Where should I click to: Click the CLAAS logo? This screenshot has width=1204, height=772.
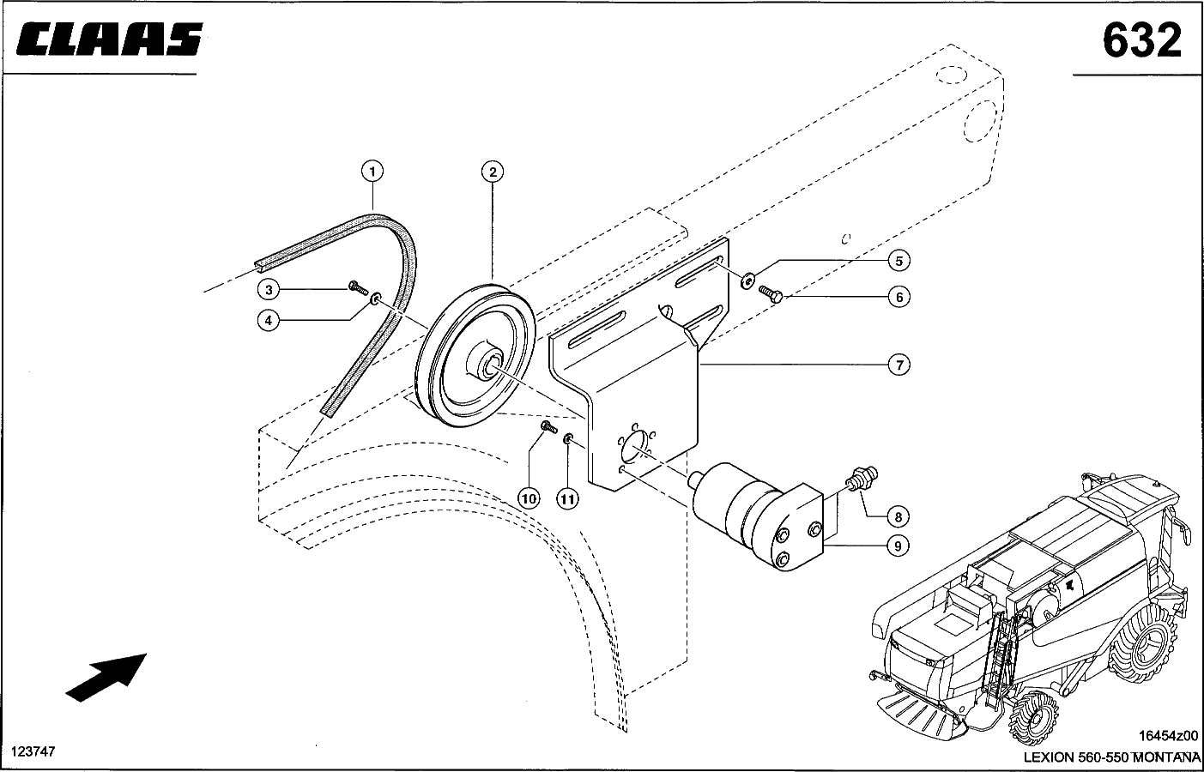pyautogui.click(x=110, y=39)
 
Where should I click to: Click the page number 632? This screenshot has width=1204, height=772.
pyautogui.click(x=1142, y=41)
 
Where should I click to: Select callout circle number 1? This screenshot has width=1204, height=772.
pyautogui.click(x=372, y=172)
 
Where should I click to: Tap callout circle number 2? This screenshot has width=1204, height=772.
pyautogui.click(x=493, y=172)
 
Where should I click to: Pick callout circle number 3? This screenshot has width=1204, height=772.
pyautogui.click(x=269, y=290)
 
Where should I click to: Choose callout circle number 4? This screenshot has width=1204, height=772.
pyautogui.click(x=269, y=322)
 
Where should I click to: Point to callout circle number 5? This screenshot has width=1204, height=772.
pyautogui.click(x=898, y=261)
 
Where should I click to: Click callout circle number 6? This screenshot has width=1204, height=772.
pyautogui.click(x=898, y=297)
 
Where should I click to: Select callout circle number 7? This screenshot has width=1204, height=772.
pyautogui.click(x=898, y=365)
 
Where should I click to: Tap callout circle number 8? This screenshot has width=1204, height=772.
pyautogui.click(x=898, y=517)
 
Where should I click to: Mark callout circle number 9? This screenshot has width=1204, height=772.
pyautogui.click(x=898, y=546)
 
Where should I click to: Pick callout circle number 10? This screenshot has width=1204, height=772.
pyautogui.click(x=529, y=499)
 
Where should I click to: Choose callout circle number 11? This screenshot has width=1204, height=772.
pyautogui.click(x=567, y=499)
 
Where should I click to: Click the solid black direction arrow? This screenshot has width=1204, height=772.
pyautogui.click(x=106, y=678)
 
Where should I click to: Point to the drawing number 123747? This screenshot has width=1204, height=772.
pyautogui.click(x=33, y=751)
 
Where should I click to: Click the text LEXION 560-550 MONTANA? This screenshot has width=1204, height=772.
pyautogui.click(x=1111, y=757)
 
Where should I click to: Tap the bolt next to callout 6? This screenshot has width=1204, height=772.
pyautogui.click(x=770, y=294)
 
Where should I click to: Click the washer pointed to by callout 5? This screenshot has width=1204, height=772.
pyautogui.click(x=747, y=280)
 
